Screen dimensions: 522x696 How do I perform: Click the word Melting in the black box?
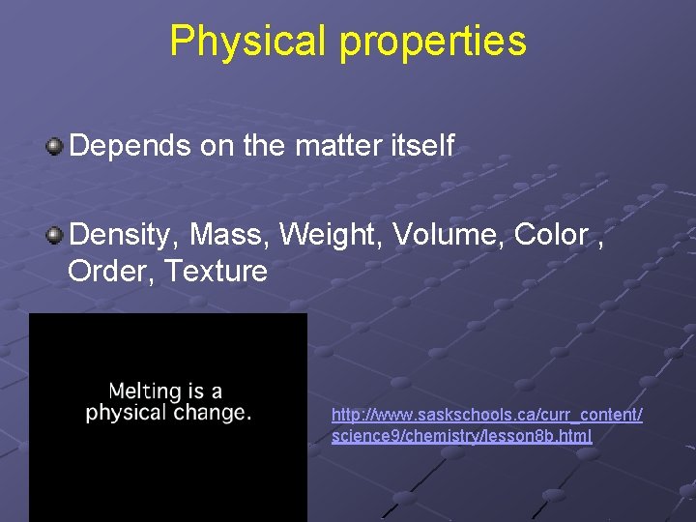[144, 392]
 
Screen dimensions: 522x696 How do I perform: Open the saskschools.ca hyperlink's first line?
[486, 415]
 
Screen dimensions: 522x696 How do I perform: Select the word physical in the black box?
[127, 413]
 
